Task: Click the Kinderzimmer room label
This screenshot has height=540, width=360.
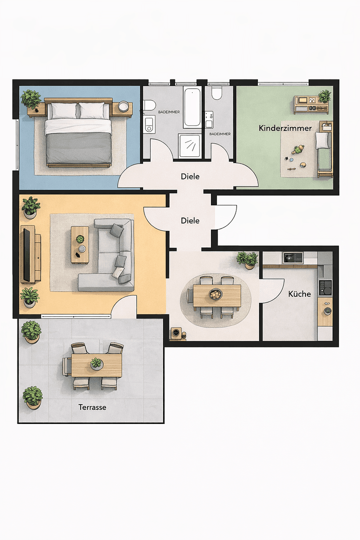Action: pos(285,128)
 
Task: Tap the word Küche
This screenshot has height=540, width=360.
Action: pos(299,294)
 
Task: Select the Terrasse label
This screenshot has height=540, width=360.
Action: pos(92,407)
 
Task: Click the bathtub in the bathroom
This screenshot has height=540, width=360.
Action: pos(192,107)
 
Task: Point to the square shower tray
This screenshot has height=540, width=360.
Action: pos(190,145)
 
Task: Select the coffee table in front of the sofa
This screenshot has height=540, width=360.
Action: pos(79,244)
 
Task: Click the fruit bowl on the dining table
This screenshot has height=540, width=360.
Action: pos(215,294)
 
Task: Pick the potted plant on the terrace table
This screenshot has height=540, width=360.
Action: pos(96,363)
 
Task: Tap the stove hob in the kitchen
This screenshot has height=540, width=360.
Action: pos(325,287)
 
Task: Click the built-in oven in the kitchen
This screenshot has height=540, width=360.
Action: pos(292,257)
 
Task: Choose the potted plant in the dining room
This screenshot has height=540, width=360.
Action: pos(247,259)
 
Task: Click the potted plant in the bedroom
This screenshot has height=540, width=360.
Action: pos(31,98)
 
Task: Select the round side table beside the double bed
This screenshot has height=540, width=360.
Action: pos(123,106)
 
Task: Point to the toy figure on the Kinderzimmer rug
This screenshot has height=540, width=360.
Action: pos(298,149)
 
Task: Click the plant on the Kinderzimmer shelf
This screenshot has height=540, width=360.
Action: pos(324,95)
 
